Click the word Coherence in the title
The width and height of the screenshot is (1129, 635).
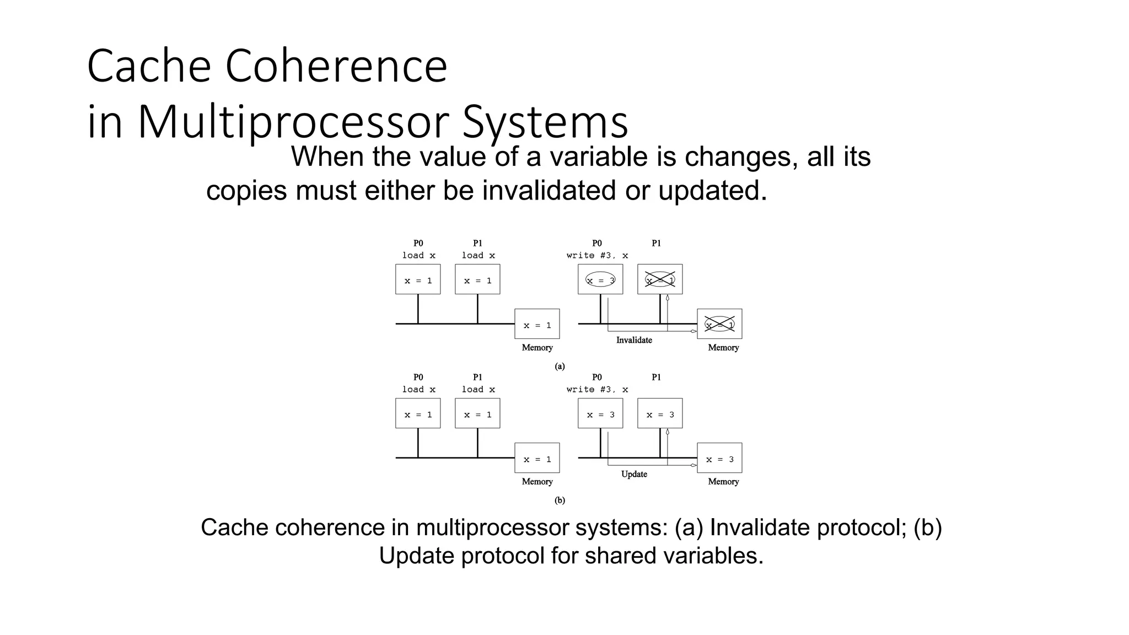click(x=336, y=66)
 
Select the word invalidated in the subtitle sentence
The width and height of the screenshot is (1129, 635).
click(x=549, y=191)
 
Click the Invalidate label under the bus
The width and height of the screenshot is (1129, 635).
click(x=634, y=340)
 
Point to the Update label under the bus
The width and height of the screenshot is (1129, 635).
click(x=634, y=474)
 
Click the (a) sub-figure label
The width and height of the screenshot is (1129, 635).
click(x=560, y=366)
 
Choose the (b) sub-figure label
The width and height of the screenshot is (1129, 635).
click(x=560, y=501)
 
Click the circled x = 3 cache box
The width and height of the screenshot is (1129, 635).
click(x=600, y=279)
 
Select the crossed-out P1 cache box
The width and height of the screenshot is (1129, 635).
click(x=660, y=279)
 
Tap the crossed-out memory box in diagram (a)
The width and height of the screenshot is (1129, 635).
click(x=719, y=324)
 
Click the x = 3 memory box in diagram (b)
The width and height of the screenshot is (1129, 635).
click(x=719, y=458)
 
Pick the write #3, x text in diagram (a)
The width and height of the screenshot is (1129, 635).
click(x=597, y=255)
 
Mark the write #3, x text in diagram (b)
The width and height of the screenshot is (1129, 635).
click(x=597, y=389)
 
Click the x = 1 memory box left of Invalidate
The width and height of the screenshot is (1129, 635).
click(x=537, y=324)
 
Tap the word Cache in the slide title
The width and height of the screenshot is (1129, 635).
click(x=149, y=66)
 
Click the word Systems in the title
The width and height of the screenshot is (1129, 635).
click(x=545, y=122)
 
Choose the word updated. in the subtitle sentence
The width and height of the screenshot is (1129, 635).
click(x=712, y=191)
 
